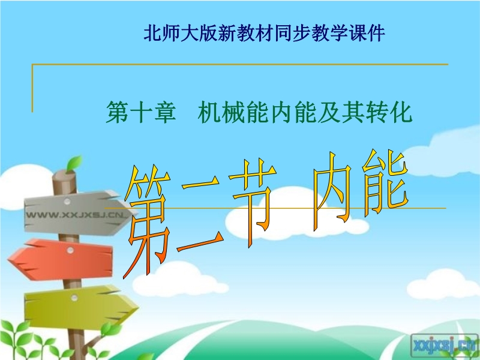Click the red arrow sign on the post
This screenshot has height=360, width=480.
click(x=61, y=260)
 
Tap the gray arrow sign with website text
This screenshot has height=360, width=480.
click(x=77, y=212)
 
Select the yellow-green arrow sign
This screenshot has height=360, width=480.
click(x=80, y=306)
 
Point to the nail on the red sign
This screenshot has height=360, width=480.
click(x=70, y=250)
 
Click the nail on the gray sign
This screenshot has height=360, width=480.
click(x=67, y=201)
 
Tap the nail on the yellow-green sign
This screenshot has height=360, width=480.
click(x=74, y=297)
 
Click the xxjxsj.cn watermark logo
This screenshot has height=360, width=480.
click(x=444, y=347)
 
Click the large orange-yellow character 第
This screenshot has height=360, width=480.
click(x=148, y=221)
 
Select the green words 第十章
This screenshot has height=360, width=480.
click(x=141, y=112)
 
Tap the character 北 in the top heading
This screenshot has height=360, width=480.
click(x=152, y=33)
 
